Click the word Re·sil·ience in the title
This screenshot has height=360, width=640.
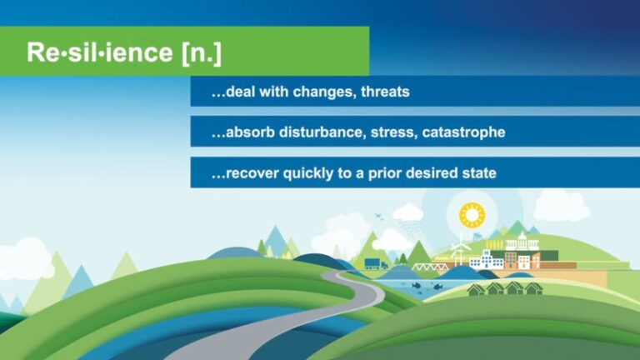[100, 52]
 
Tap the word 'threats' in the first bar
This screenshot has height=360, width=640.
[385, 92]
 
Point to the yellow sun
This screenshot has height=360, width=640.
[472, 216]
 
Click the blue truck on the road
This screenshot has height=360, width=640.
[376, 265]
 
